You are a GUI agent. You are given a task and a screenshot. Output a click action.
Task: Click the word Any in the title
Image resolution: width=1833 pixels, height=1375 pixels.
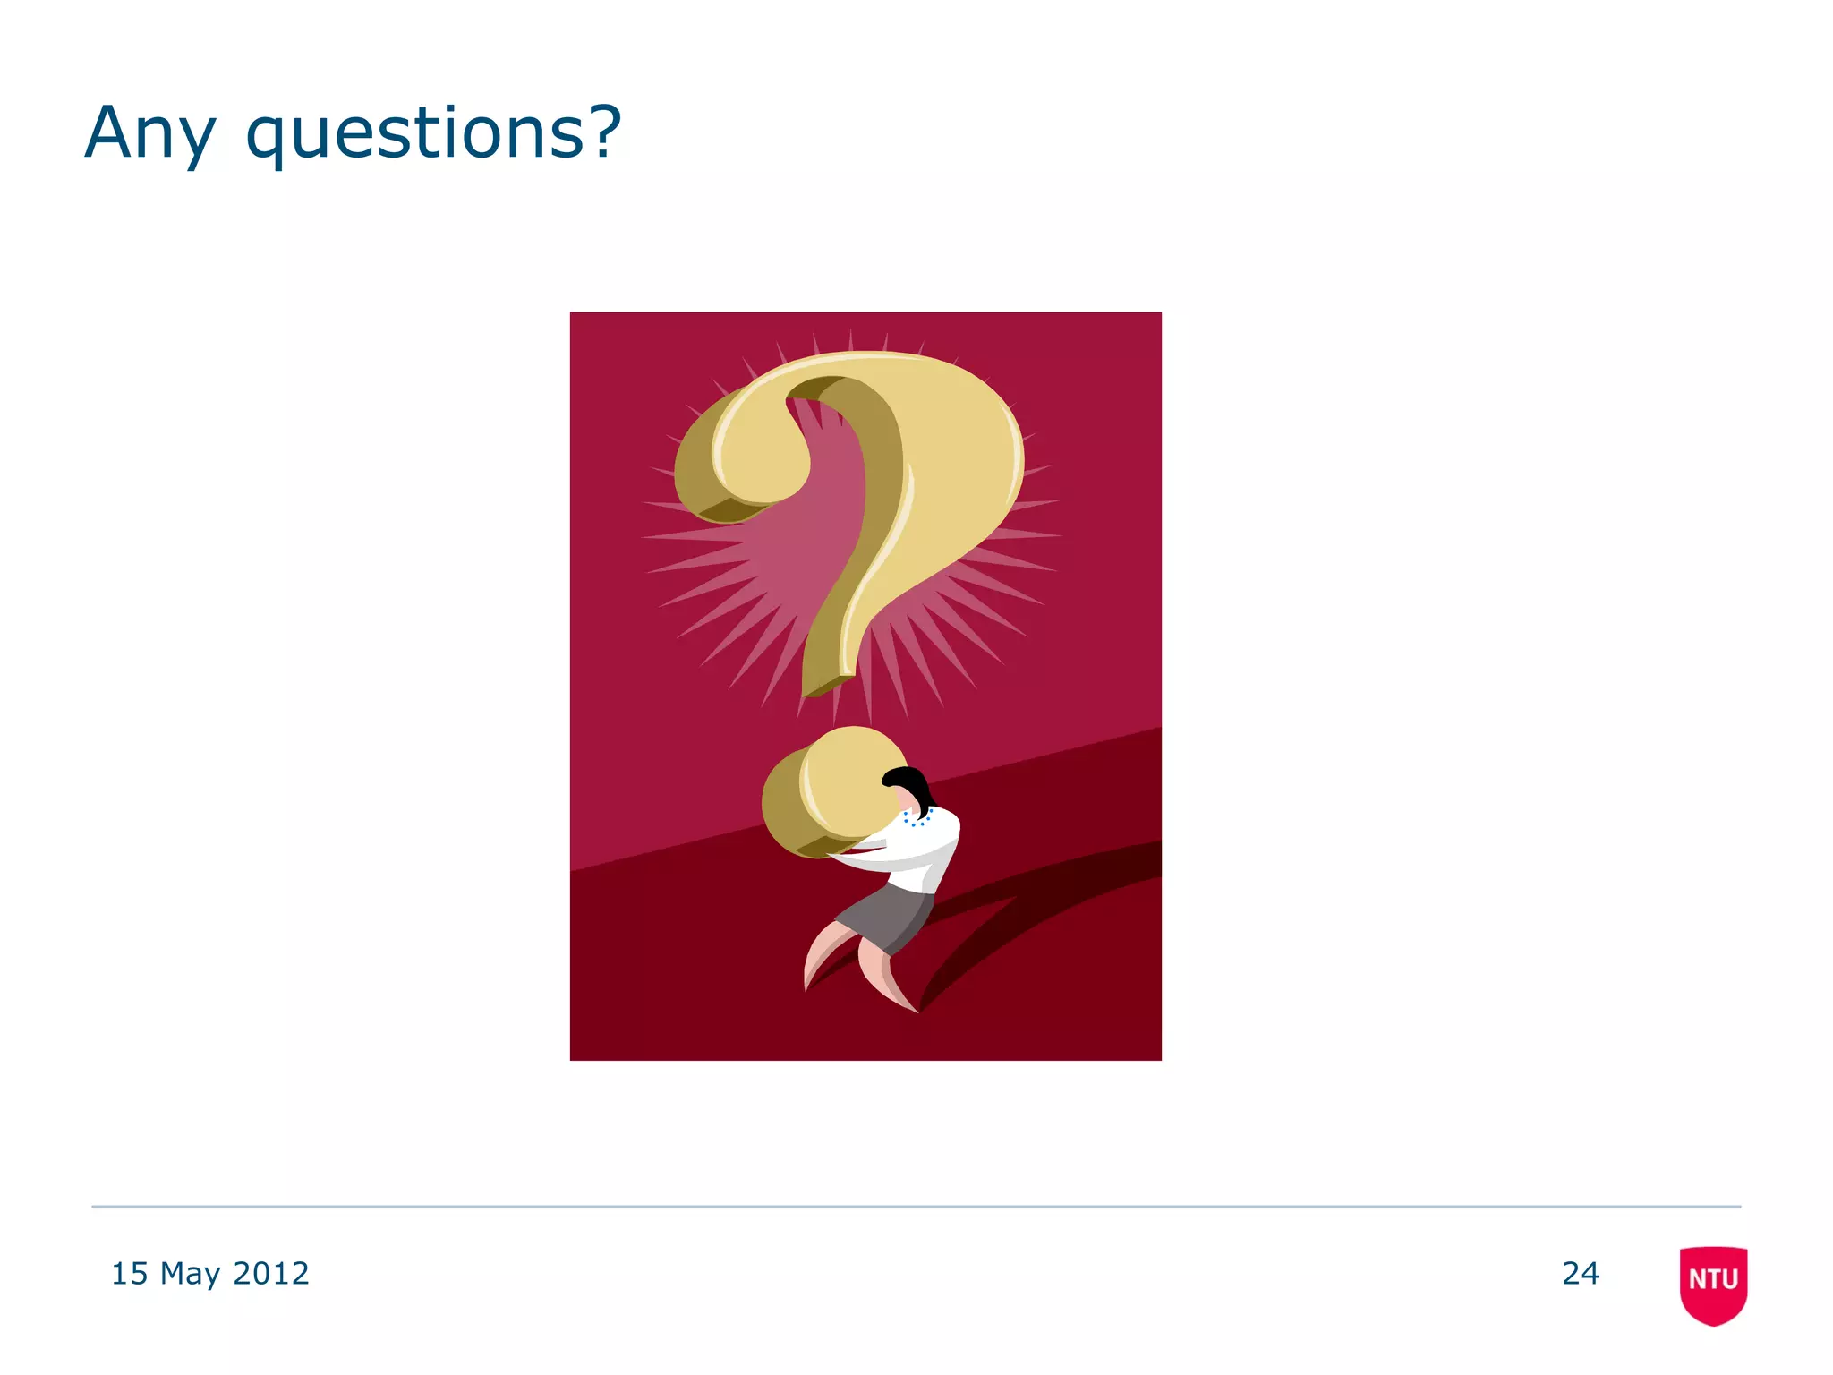coord(149,134)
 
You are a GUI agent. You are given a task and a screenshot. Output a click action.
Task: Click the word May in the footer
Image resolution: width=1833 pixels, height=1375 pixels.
coord(190,1274)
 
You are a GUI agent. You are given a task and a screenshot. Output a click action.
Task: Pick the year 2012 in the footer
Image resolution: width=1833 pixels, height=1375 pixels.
coord(270,1273)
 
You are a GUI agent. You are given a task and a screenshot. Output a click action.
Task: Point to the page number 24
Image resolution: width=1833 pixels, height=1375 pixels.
coord(1580,1273)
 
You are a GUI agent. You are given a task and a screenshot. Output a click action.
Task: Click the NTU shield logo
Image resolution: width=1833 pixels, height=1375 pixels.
coord(1713,1284)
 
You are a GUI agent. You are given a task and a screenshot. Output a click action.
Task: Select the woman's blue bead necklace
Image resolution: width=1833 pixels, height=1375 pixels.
coord(916,818)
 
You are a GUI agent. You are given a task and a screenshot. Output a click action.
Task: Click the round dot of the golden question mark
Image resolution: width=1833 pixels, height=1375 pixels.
coord(832,792)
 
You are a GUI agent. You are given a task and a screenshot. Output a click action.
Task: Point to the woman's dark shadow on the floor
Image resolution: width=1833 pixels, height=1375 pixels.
coord(1029,922)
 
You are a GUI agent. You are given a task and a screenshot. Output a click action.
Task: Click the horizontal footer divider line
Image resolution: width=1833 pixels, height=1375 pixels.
coord(916,1207)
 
